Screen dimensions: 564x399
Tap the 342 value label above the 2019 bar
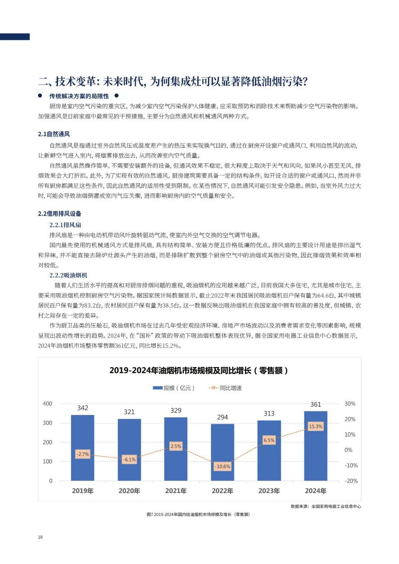(82, 408)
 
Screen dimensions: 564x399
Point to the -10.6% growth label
(222, 466)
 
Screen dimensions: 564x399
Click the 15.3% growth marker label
(316, 426)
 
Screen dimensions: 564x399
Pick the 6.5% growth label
(269, 440)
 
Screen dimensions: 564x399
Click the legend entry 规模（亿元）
(174, 388)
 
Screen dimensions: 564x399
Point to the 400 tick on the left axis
(48, 404)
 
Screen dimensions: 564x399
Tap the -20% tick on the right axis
(351, 481)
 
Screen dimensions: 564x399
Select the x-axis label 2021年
(176, 491)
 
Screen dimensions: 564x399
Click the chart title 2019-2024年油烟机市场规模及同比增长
(199, 370)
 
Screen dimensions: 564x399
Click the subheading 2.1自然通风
(54, 134)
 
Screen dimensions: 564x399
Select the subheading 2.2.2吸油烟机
(68, 276)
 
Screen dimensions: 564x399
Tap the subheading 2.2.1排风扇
(65, 225)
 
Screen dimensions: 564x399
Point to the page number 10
(40, 537)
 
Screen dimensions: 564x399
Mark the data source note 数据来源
(326, 506)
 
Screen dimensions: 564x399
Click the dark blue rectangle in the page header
(15, 37)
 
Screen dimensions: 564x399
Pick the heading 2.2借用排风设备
(59, 214)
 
